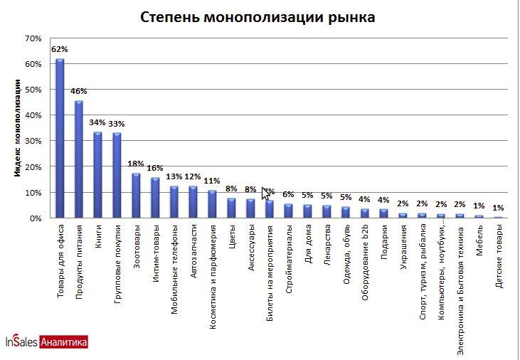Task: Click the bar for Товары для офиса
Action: (60, 139)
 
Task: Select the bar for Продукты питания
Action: (79, 159)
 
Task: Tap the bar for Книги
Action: (97, 175)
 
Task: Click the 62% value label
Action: (60, 49)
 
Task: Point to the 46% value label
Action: (79, 91)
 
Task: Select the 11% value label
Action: (212, 180)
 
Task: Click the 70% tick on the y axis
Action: (33, 38)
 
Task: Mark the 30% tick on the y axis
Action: (33, 141)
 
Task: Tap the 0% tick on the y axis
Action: (36, 218)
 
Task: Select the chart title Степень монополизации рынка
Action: (258, 16)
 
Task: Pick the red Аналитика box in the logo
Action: (65, 342)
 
